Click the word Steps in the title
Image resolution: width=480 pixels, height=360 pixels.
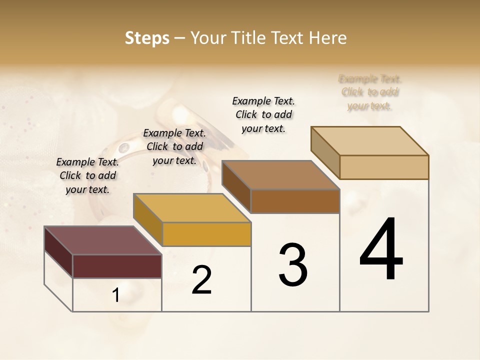coord(146,38)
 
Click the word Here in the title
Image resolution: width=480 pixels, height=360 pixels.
coord(328,38)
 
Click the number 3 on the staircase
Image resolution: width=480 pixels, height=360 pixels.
coord(293,265)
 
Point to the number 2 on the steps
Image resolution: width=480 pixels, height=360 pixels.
coord(201,280)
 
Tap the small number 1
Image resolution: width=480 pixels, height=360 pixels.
coord(116,296)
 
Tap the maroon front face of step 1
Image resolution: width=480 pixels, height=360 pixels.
coord(117,266)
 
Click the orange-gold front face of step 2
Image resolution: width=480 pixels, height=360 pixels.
coord(206,234)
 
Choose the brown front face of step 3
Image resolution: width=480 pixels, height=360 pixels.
coord(295,201)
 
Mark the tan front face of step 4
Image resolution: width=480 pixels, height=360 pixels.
coord(384,167)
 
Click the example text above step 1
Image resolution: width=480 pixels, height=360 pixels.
coord(87,175)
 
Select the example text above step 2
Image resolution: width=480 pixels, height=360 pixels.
coord(174,146)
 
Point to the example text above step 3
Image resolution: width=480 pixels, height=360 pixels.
coord(263,114)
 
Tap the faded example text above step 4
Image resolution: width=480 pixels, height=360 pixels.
coord(370,92)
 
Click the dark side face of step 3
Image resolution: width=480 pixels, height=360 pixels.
coord(236,186)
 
